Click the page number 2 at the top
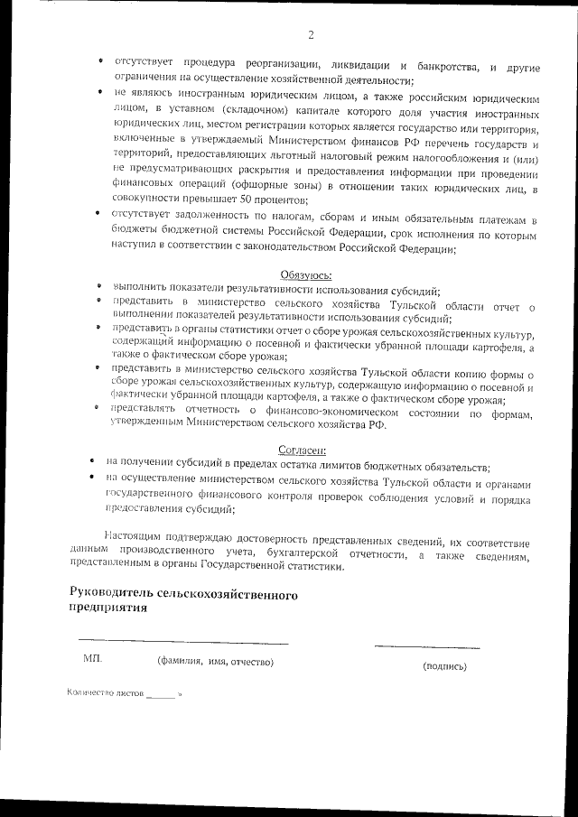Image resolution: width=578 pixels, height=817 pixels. tap(311, 35)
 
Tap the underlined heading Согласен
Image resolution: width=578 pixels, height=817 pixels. tap(302, 450)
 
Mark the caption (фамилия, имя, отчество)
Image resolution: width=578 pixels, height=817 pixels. tap(215, 663)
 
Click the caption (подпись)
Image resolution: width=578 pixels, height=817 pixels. tap(444, 666)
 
